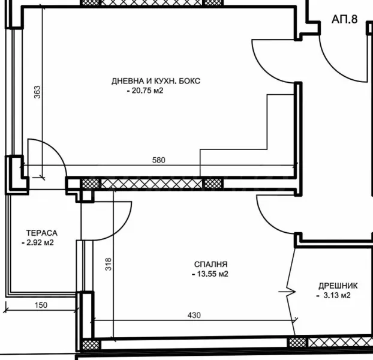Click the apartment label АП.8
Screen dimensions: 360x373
(344, 19)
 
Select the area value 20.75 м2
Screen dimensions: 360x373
(145, 91)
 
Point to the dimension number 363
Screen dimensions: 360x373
(37, 92)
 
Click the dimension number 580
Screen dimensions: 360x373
(158, 160)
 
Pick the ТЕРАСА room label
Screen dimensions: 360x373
(41, 233)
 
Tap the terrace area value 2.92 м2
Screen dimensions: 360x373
(40, 243)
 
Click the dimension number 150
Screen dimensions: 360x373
(41, 305)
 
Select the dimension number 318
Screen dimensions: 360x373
(109, 264)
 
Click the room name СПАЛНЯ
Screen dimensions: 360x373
(210, 264)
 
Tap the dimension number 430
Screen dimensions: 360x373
(194, 315)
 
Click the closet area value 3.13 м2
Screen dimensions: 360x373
(333, 295)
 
